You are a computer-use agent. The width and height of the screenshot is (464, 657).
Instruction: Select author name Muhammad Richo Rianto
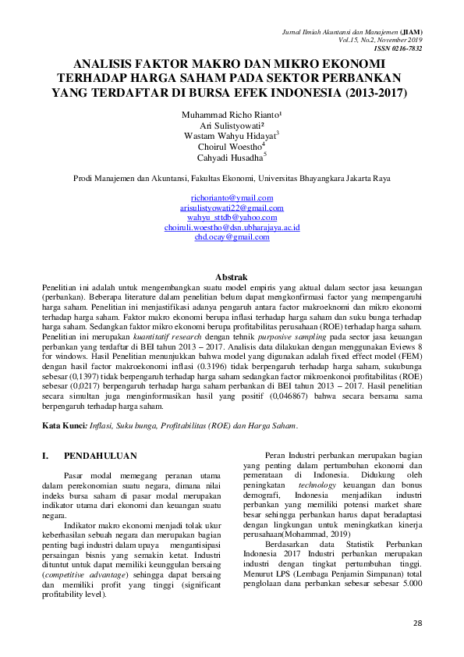tap(231, 114)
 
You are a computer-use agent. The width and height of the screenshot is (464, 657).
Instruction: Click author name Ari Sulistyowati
tap(231, 124)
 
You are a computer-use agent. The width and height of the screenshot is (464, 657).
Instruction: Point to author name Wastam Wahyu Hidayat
tap(231, 135)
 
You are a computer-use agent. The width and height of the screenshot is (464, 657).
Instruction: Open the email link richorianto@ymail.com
tap(232, 198)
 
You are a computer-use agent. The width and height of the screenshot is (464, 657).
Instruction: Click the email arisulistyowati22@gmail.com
tap(232, 208)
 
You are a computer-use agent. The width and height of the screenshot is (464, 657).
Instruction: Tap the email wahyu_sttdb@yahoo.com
tap(232, 217)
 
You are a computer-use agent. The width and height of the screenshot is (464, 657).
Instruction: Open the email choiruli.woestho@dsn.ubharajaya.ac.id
tap(232, 226)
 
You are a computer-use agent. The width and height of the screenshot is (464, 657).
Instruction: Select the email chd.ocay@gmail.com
tap(232, 236)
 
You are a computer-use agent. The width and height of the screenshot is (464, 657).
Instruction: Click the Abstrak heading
tap(231, 277)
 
